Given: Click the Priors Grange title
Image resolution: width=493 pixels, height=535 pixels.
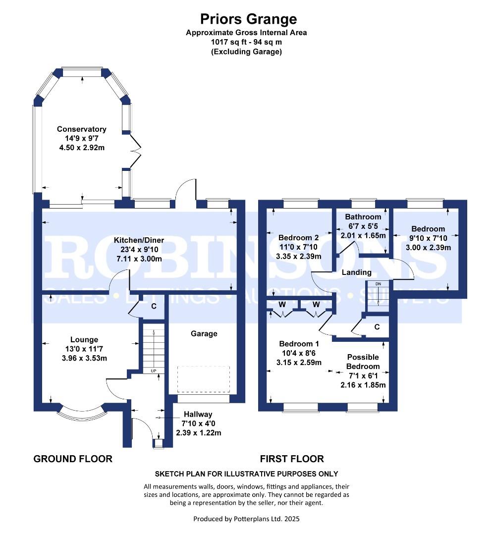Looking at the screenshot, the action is tap(248, 19).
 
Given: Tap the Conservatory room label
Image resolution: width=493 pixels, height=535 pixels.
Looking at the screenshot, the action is tap(82, 129).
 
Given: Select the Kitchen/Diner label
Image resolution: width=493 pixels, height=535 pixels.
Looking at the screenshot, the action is tap(139, 240).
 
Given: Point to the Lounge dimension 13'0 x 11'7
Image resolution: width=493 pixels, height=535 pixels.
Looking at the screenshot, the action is tap(84, 349).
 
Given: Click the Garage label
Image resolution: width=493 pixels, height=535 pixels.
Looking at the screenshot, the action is tap(204, 334).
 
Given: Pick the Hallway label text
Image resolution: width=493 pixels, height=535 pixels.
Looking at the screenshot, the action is tap(198, 414).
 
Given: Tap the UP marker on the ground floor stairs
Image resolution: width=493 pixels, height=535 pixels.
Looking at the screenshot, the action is tap(154, 371).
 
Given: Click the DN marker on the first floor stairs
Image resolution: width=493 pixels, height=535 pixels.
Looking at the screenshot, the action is tap(378, 284).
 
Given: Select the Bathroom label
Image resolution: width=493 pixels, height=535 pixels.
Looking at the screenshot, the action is tap(363, 216).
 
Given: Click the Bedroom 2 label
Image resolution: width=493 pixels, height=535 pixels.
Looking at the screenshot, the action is tap(299, 237).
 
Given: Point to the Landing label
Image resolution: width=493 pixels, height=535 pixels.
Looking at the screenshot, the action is tap(357, 272).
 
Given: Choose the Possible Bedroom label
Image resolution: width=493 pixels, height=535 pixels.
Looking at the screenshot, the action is tap(363, 362).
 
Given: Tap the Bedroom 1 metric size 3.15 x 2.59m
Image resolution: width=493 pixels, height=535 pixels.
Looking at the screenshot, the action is tap(299, 362).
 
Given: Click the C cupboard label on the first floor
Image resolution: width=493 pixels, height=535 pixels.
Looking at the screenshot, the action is tap(377, 327).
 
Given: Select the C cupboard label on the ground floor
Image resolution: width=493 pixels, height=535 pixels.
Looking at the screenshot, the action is tap(154, 306).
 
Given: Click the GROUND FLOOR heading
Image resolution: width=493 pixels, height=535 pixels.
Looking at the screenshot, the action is tap(73, 459).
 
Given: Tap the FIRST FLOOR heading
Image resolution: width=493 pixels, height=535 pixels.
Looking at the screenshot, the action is tap(292, 459).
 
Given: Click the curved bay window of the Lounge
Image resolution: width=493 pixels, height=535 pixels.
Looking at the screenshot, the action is tap(82, 414).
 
